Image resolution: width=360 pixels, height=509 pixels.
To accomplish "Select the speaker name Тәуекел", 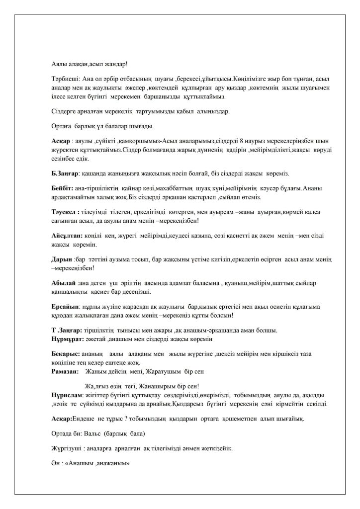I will pos(63,211).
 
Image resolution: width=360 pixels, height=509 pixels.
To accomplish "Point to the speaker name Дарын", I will pos(61,259).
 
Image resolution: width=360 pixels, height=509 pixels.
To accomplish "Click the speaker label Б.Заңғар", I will pos(65,173).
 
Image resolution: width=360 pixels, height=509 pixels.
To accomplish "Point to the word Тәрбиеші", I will pos(66,80).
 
